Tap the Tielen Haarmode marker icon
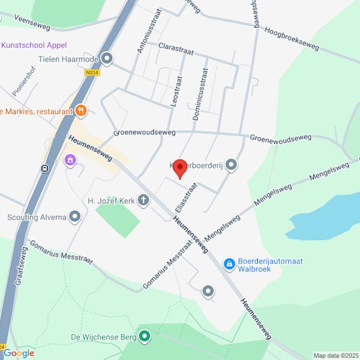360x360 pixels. pos(107,58)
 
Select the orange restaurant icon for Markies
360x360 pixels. pos(80,111)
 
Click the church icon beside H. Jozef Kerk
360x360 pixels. pos(144,200)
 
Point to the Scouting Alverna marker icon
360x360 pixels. pos(75,217)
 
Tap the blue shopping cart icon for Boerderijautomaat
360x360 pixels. pos(229,263)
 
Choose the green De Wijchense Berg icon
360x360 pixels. pos(145,336)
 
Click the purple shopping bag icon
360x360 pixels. pos(70,160)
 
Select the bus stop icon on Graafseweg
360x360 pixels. pos(45,169)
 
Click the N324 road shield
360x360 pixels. pos(92,73)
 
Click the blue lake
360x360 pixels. pos(325,216)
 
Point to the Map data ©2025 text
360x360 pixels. pos(335,355)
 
